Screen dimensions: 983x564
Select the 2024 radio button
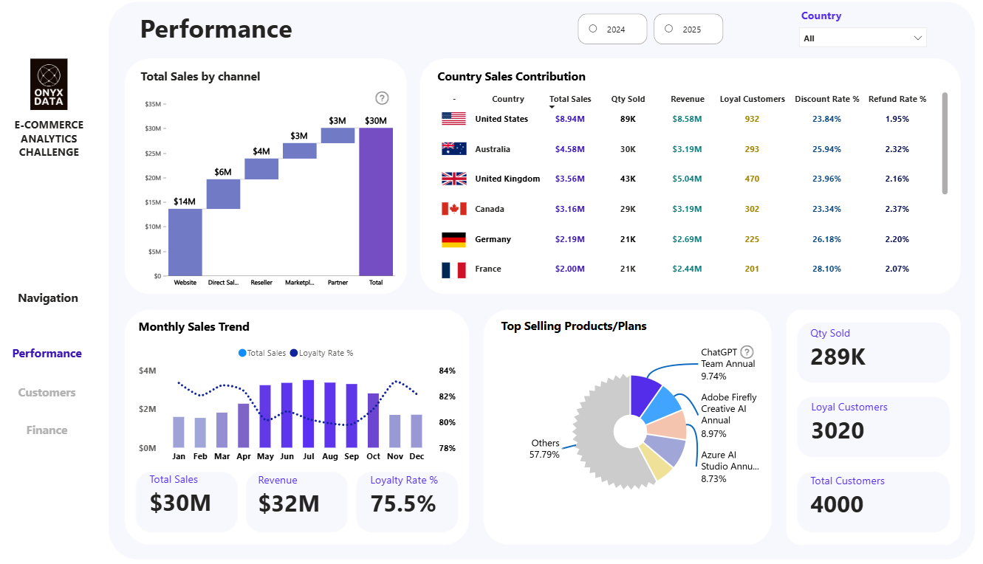pyautogui.click(x=593, y=29)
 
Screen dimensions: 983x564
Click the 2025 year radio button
pyautogui.click(x=669, y=29)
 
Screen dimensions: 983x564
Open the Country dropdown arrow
pyautogui.click(x=917, y=38)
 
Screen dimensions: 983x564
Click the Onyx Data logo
pyautogui.click(x=49, y=83)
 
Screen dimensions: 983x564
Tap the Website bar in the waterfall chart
pyautogui.click(x=185, y=242)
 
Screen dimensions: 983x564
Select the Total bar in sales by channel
pyautogui.click(x=376, y=202)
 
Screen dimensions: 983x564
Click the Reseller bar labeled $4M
pyautogui.click(x=261, y=169)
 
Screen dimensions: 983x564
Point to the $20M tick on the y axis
pyautogui.click(x=153, y=178)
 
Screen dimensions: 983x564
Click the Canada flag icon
pyautogui.click(x=453, y=209)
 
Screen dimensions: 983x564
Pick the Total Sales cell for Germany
pyautogui.click(x=569, y=239)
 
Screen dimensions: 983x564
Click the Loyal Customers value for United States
pyautogui.click(x=752, y=119)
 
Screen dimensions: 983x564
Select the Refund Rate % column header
pyautogui.click(x=897, y=99)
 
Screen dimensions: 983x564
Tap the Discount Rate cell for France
pyautogui.click(x=826, y=269)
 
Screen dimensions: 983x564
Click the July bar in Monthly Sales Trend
pyautogui.click(x=309, y=413)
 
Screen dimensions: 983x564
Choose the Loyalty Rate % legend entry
pyautogui.click(x=322, y=353)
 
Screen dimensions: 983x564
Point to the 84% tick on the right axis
pyautogui.click(x=447, y=371)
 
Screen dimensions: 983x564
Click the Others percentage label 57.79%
pyautogui.click(x=544, y=454)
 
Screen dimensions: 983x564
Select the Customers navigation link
pyautogui.click(x=47, y=393)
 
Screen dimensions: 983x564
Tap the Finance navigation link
pyautogui.click(x=47, y=430)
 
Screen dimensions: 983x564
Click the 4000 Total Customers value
pyautogui.click(x=837, y=504)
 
